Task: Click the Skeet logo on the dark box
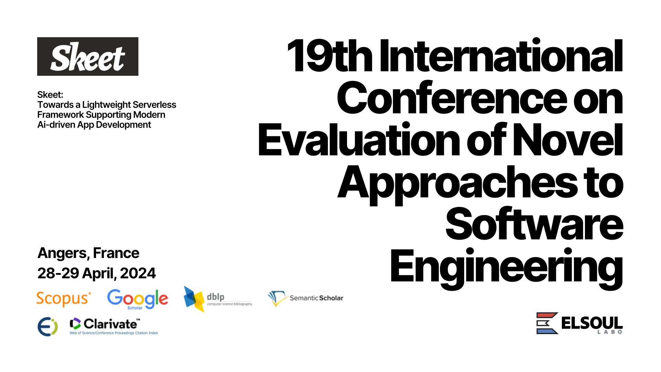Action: (x=87, y=56)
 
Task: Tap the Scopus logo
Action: (x=64, y=299)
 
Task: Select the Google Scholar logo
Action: (x=138, y=299)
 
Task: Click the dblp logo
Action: (x=218, y=299)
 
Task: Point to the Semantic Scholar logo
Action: (x=305, y=298)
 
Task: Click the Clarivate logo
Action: (x=114, y=326)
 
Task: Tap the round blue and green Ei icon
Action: (x=48, y=327)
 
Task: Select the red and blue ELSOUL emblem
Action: (x=547, y=323)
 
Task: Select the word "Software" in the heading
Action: (x=534, y=224)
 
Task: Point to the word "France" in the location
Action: (x=116, y=253)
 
